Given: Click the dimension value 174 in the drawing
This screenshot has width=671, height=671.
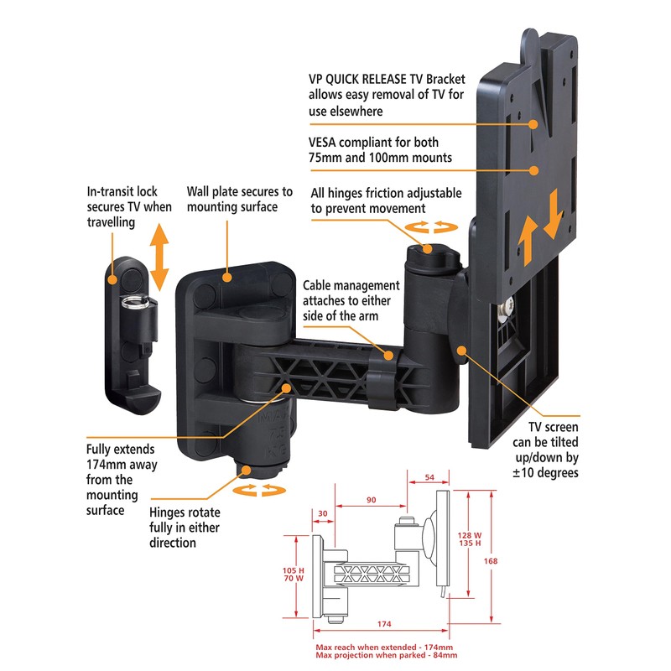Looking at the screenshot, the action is point(384,624).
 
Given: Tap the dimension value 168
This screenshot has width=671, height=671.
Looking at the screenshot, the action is point(491,561).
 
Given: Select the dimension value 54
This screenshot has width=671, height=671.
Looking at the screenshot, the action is point(429,477).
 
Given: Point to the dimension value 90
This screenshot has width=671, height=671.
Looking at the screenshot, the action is point(371,500).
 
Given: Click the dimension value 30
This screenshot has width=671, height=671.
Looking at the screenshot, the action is point(323,513).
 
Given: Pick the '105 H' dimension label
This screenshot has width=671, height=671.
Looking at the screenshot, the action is point(293,570).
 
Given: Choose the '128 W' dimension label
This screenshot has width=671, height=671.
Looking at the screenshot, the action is point(470,535).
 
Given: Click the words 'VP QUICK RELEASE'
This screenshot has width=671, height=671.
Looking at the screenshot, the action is point(357,79).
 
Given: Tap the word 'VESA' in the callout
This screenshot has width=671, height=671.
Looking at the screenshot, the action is point(322,143).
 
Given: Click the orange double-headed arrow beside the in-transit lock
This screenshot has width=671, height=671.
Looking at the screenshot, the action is point(159,257).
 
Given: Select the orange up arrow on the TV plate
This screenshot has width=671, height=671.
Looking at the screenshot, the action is point(528,241).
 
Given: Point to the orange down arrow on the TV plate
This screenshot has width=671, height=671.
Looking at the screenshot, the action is point(554,214).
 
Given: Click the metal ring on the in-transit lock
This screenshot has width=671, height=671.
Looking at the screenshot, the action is point(135,302).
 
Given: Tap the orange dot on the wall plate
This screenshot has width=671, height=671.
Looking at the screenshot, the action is point(226,277).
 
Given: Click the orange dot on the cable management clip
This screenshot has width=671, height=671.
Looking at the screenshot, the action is point(388,355).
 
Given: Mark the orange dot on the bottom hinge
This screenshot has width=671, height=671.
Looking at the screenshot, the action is point(246,471).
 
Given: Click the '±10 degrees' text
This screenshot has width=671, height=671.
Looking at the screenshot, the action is point(546,473).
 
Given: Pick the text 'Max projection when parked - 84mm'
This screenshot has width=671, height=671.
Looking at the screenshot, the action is point(387,655).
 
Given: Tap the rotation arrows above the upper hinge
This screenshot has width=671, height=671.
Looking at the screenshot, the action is point(431,226).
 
